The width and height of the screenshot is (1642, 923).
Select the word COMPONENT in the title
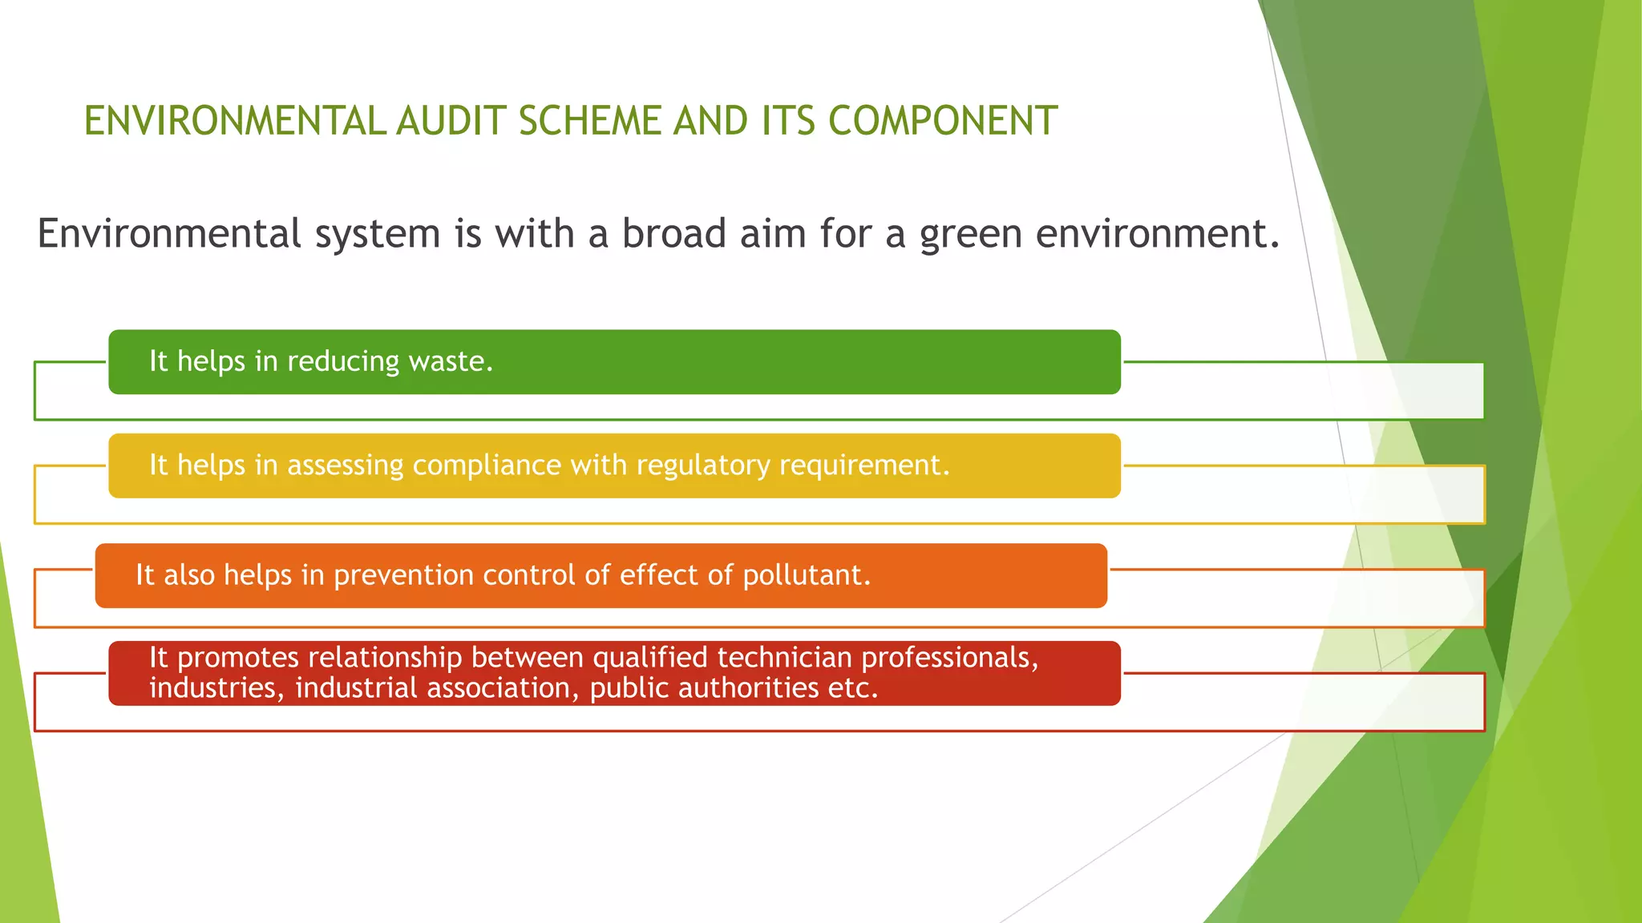click(x=942, y=122)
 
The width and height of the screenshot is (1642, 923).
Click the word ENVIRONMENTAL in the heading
click(x=235, y=122)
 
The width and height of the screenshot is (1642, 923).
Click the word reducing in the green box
click(x=342, y=362)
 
